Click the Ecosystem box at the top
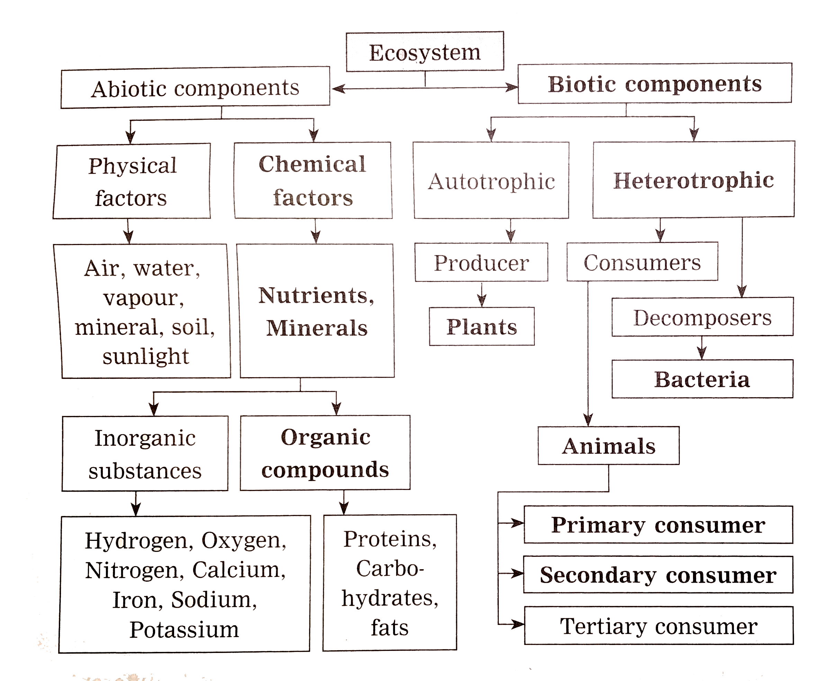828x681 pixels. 425,52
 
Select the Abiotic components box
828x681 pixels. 195,88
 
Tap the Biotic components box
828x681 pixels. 654,83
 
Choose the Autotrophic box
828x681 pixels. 491,181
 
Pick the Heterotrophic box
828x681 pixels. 693,180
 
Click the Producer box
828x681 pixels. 481,262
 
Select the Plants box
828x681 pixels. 481,326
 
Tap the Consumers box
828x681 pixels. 642,262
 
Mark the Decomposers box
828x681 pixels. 702,317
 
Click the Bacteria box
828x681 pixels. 702,379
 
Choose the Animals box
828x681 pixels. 608,446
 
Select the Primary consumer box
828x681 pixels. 658,525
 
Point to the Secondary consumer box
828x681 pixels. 658,575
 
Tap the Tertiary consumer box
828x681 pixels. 658,626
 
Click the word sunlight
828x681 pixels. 146,356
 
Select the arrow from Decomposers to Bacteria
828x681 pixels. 702,348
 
